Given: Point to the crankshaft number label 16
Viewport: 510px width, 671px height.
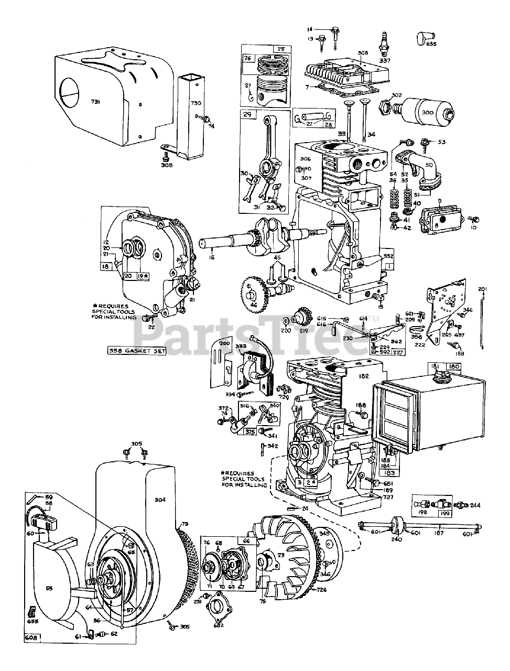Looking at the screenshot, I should coord(212,257).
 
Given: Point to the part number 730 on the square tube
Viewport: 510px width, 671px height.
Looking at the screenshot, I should coord(196,104).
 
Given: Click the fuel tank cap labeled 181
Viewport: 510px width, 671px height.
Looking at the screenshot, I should coord(435,373).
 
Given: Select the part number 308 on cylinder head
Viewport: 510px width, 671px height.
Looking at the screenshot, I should coord(363,53).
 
